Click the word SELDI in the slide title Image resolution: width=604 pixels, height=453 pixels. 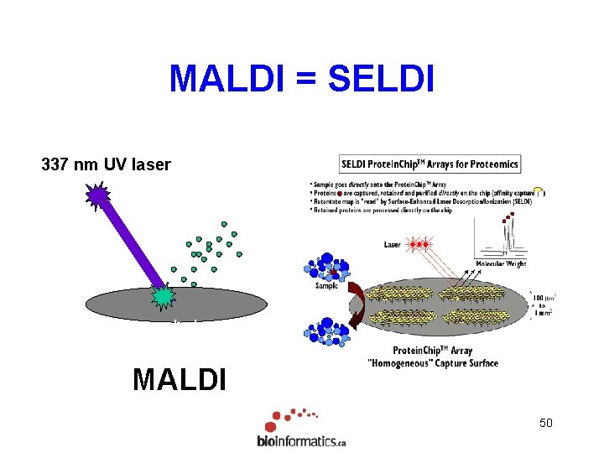382,80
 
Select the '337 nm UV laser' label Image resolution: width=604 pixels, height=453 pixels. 106,165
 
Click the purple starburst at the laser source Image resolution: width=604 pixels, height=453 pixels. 98,197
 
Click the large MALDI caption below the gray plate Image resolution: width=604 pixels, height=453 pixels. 179,379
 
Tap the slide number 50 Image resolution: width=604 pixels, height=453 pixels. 545,423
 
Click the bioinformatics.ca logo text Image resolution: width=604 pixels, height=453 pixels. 301,441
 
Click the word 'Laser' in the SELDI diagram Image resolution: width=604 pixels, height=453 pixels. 393,245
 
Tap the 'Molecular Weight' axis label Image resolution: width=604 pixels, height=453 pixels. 501,263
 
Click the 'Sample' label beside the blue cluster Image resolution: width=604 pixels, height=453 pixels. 328,286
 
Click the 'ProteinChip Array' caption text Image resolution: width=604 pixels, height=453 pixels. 432,351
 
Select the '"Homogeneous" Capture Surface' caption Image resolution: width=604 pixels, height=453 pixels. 432,363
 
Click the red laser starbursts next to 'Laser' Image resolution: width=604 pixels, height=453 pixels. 419,244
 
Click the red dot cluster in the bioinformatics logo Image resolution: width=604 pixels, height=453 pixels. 289,418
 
